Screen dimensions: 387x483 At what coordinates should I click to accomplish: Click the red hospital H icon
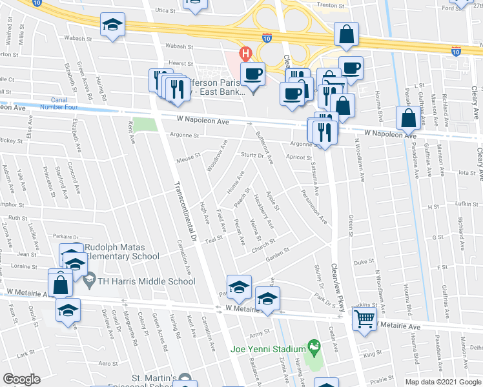coord(245,53)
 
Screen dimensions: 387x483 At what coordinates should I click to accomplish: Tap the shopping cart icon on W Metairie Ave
coord(364,319)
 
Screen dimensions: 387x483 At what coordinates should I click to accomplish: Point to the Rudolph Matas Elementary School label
coord(121,252)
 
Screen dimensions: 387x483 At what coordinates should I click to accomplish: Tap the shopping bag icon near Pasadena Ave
coord(408,119)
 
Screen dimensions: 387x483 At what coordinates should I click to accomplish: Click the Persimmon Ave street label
coord(313,207)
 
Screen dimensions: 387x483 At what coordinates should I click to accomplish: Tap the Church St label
coord(264,244)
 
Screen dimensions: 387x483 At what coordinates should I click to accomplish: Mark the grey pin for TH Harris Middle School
coord(89,281)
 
